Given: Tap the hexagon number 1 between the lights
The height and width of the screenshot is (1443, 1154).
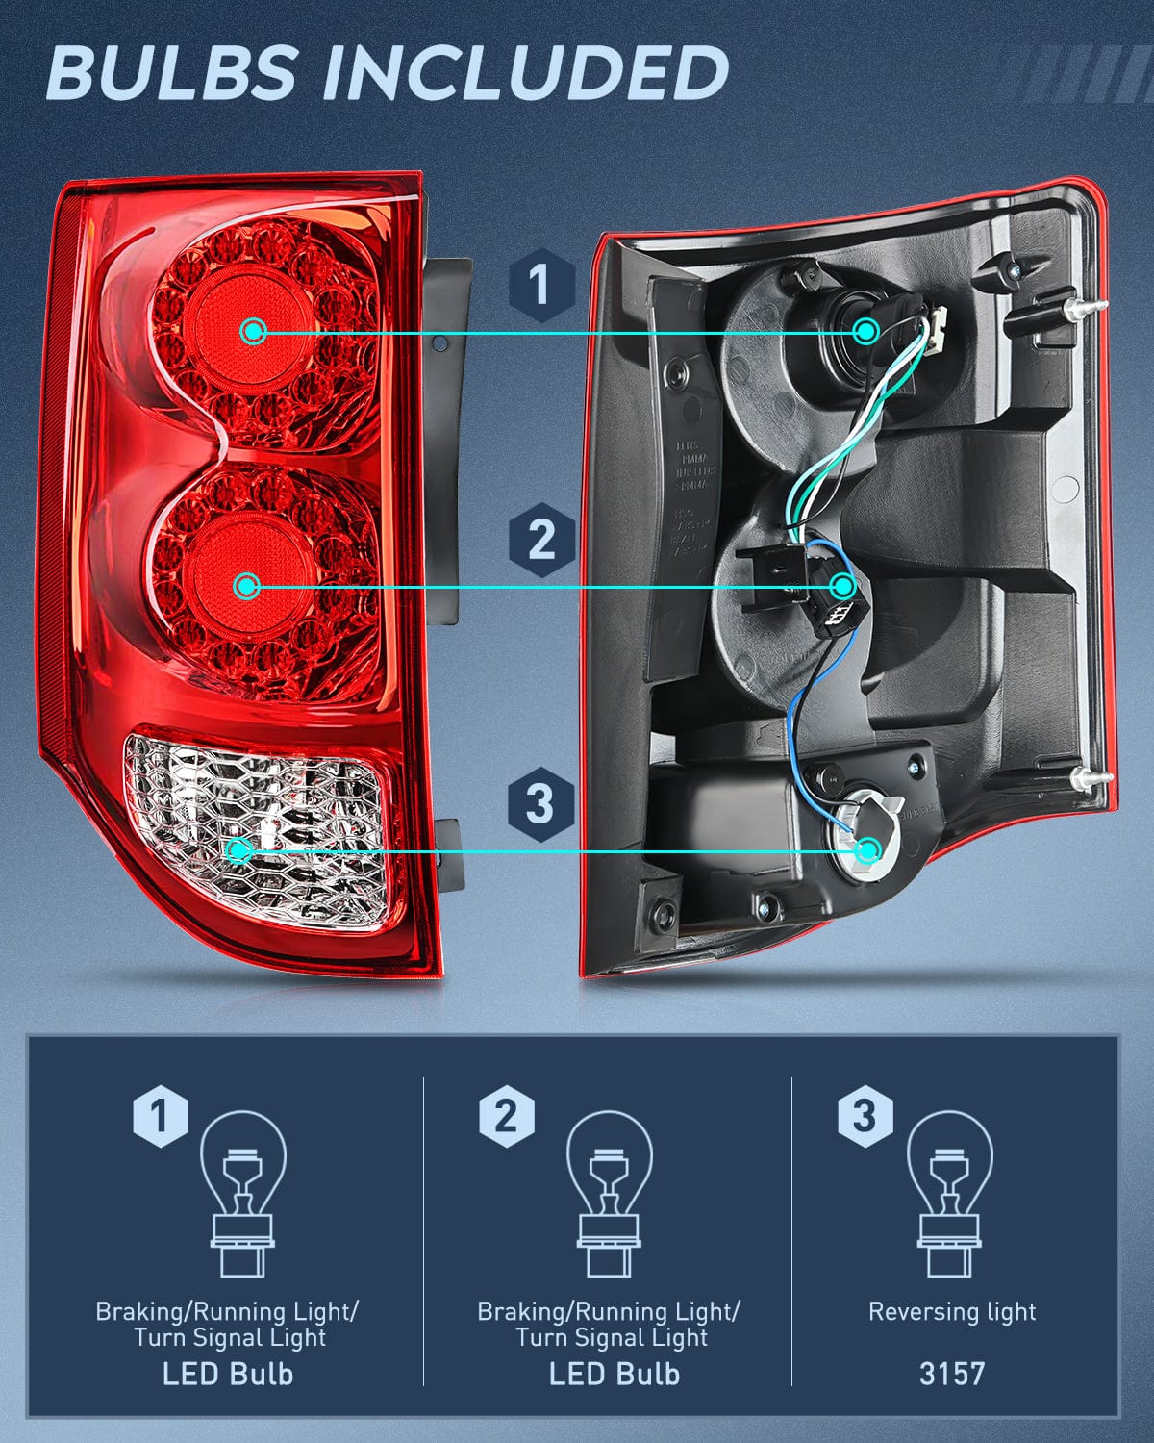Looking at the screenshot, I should point(540,285).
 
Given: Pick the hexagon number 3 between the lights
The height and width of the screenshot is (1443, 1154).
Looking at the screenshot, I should point(540,802).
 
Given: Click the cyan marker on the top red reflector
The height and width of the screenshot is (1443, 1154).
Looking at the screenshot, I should point(254,332).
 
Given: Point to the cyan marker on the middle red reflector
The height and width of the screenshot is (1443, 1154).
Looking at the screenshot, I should point(247,586).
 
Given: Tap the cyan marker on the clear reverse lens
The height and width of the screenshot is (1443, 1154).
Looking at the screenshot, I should point(239,850).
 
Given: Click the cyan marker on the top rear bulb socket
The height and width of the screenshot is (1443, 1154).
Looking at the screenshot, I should point(865,332).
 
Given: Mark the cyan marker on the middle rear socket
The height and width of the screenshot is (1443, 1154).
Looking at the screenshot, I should point(843,586).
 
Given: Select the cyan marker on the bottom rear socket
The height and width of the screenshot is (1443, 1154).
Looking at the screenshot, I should point(868,850).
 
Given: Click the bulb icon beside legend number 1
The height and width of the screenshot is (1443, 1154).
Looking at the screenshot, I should point(242,1193).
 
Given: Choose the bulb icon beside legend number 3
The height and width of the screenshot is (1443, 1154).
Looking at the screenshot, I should point(950,1193).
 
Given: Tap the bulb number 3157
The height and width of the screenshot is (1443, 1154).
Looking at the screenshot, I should point(951,1373).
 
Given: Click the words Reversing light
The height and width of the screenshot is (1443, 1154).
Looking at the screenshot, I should point(951,1312).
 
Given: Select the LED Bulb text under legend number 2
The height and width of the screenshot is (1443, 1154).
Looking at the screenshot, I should point(614,1374).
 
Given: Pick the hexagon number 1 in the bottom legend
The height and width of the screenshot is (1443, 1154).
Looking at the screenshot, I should point(160,1117).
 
